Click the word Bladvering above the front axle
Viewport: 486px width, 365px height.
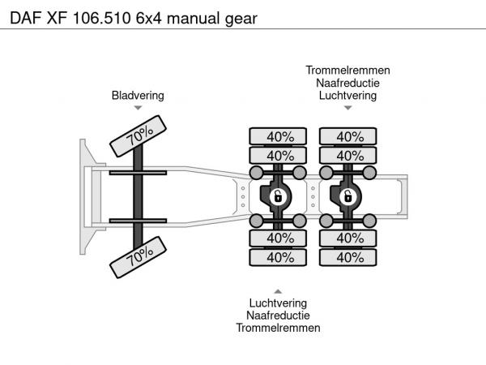click(138, 96)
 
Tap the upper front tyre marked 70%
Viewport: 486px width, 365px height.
click(138, 136)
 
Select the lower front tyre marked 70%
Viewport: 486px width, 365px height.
click(138, 257)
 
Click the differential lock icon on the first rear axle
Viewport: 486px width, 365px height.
click(278, 197)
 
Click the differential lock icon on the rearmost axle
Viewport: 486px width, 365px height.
click(347, 197)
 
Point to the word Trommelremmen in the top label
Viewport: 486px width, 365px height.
click(347, 71)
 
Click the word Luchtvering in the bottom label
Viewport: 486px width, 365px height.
click(278, 303)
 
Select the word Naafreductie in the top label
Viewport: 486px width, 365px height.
click(347, 83)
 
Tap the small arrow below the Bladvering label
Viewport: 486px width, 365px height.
click(138, 108)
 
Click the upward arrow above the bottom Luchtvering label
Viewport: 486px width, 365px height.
click(278, 291)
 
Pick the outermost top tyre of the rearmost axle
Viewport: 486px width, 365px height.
click(347, 136)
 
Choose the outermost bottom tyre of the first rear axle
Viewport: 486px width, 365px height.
click(278, 257)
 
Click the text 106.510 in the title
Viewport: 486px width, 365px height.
click(102, 19)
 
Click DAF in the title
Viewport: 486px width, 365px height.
click(26, 19)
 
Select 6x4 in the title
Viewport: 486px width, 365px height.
click(149, 19)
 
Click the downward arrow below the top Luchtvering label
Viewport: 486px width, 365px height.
click(347, 108)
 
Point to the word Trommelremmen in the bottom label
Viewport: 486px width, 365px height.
click(278, 328)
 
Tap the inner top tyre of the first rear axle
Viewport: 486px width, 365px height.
click(278, 155)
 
